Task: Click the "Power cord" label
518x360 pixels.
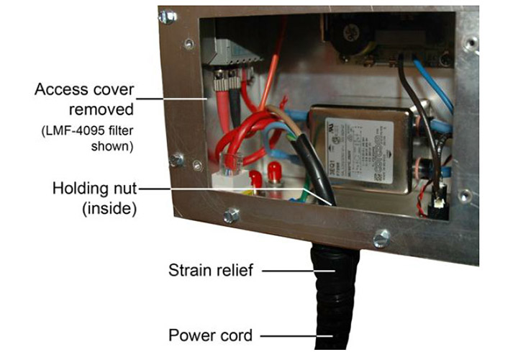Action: tap(209, 335)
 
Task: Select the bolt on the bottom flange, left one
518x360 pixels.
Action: tap(232, 215)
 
